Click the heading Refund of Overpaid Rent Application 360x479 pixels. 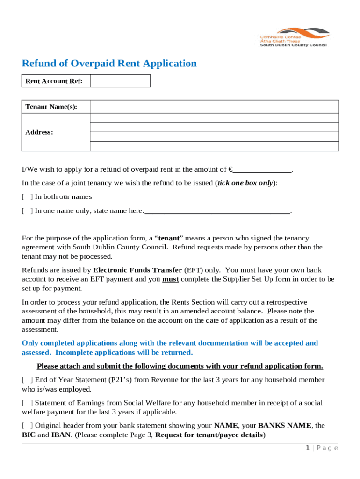click(109, 64)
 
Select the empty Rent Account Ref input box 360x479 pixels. click(120, 81)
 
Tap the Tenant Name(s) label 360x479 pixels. click(51, 107)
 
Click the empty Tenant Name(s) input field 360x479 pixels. click(214, 107)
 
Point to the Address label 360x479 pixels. click(39, 132)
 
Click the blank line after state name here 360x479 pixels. click(217, 211)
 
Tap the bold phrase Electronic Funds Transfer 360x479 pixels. click(138, 270)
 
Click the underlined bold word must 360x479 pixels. click(170, 279)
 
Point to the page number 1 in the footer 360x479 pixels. click(308, 448)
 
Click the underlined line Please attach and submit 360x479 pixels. click(180, 366)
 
